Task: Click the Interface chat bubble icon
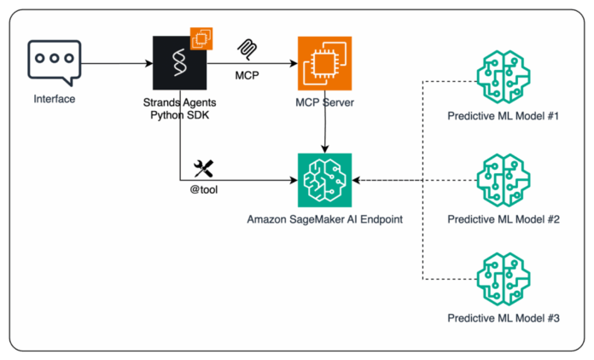click(54, 63)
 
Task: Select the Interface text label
click(54, 99)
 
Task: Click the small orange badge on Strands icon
click(201, 38)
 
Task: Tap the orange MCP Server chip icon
click(324, 63)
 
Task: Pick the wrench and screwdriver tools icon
click(204, 165)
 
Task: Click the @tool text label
click(204, 190)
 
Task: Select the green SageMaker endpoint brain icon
click(324, 180)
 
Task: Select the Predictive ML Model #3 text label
click(503, 318)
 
